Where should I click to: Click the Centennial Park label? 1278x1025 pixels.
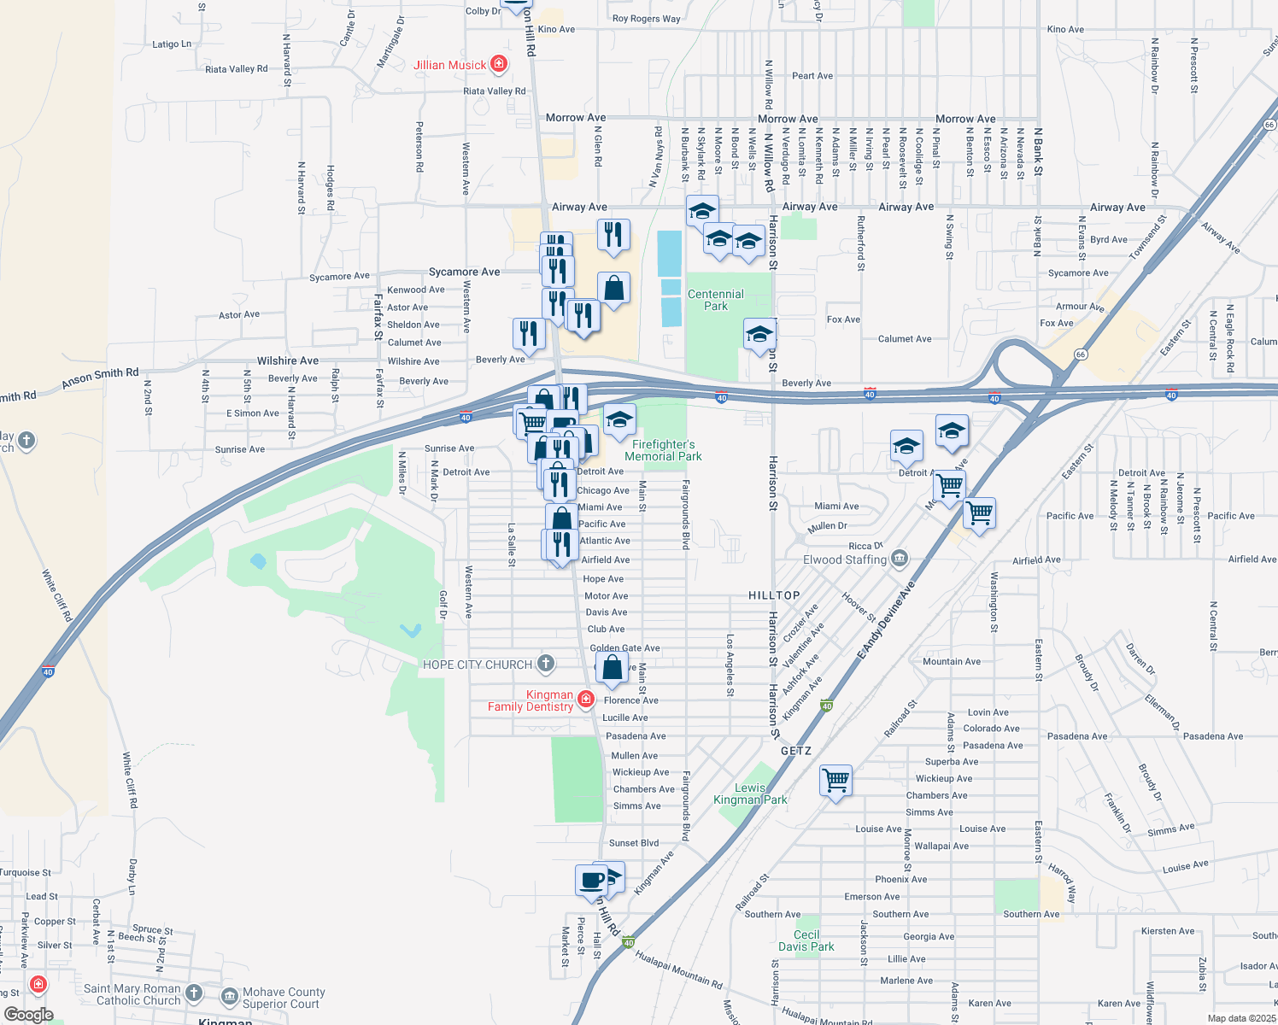pyautogui.click(x=715, y=300)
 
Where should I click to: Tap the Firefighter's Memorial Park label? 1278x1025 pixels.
pyautogui.click(x=663, y=450)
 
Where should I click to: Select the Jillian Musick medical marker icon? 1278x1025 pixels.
pyautogui.click(x=499, y=64)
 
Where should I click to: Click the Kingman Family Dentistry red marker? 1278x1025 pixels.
pyautogui.click(x=585, y=700)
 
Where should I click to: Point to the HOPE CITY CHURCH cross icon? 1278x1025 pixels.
pyautogui.click(x=546, y=664)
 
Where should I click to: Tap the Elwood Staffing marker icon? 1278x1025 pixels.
pyautogui.click(x=899, y=559)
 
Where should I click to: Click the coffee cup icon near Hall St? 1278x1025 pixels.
pyautogui.click(x=592, y=880)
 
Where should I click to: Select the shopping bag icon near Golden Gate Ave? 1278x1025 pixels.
pyautogui.click(x=613, y=667)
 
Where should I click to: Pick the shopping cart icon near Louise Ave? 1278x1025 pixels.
pyautogui.click(x=835, y=780)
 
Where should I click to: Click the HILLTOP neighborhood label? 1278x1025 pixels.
pyautogui.click(x=774, y=595)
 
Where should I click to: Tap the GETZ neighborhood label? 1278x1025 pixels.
pyautogui.click(x=796, y=751)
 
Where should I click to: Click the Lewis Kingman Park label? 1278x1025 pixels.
pyautogui.click(x=750, y=794)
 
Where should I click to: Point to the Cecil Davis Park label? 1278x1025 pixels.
pyautogui.click(x=806, y=940)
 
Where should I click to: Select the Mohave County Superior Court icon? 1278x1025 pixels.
pyautogui.click(x=229, y=996)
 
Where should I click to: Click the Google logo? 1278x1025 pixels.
pyautogui.click(x=29, y=1015)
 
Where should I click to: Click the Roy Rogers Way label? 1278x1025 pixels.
pyautogui.click(x=647, y=19)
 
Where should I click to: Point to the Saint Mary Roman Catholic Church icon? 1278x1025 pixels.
pyautogui.click(x=195, y=993)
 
